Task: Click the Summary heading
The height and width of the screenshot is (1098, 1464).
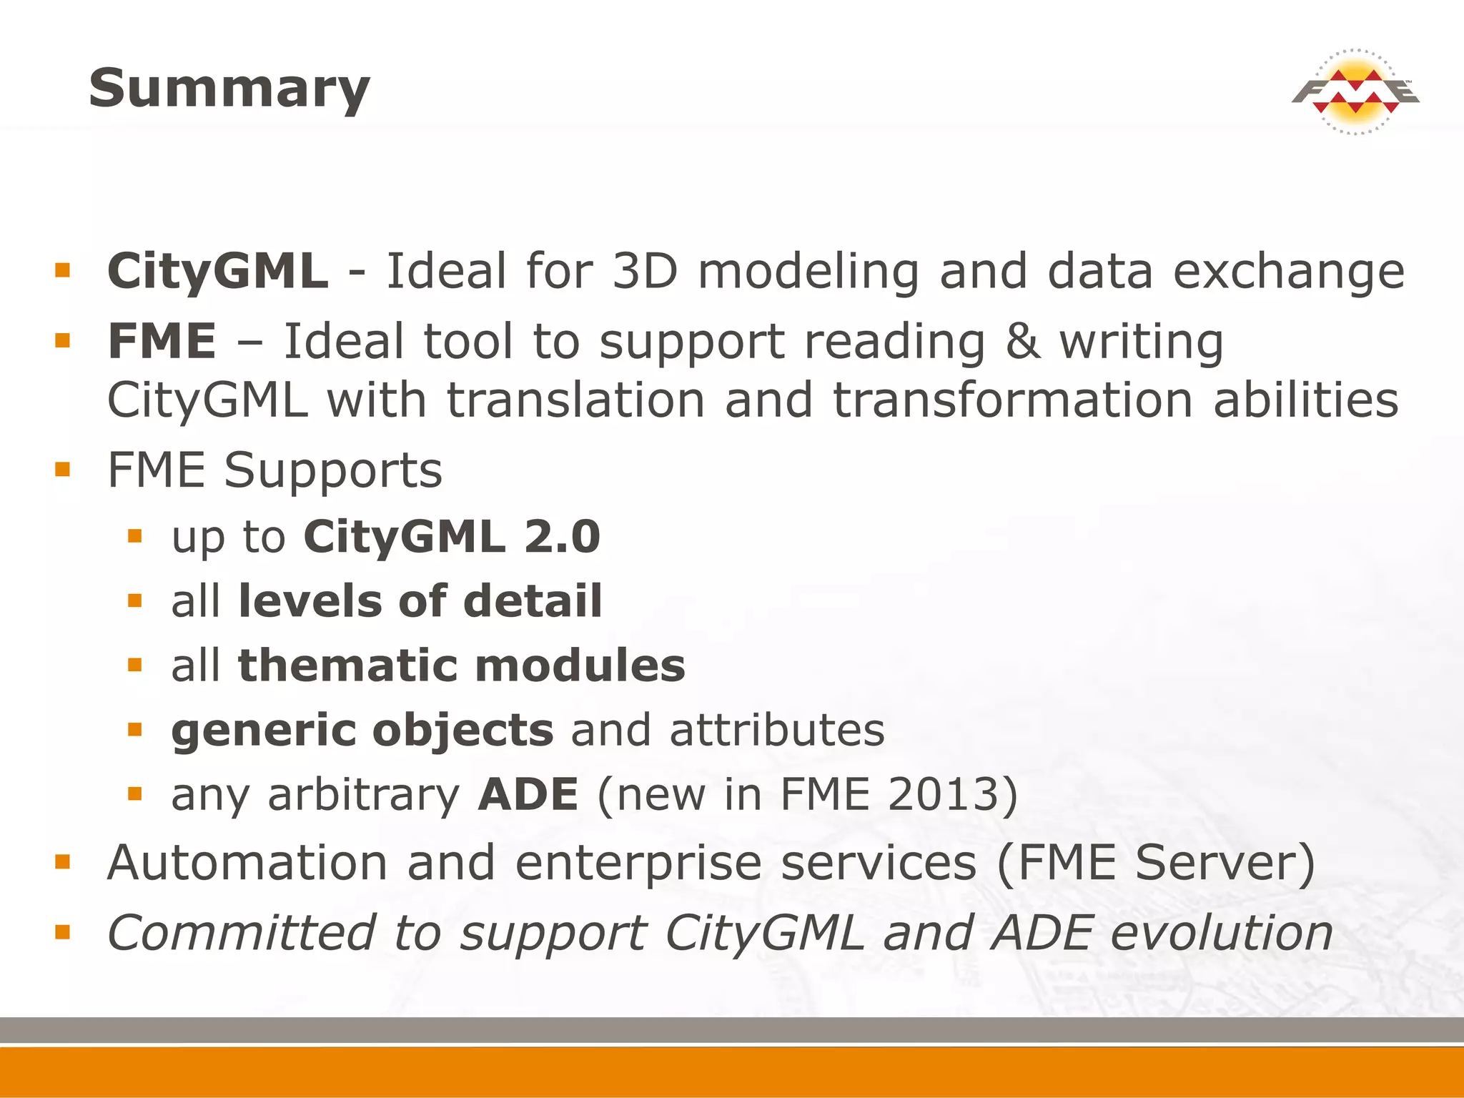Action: click(229, 89)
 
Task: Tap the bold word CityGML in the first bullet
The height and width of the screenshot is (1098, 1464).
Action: click(218, 272)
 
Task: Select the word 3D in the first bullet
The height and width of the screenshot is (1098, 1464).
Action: click(645, 272)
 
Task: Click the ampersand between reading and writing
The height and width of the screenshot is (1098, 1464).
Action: click(1022, 342)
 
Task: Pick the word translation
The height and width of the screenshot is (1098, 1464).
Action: click(576, 400)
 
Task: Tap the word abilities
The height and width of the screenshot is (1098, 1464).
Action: click(1305, 400)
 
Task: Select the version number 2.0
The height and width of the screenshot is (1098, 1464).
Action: click(563, 537)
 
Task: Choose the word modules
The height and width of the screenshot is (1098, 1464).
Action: click(580, 666)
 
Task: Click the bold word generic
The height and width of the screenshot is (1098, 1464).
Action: click(264, 731)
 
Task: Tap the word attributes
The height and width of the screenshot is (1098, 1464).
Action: click(777, 731)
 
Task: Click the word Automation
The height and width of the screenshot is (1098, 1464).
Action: click(247, 863)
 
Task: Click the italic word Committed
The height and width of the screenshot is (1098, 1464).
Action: click(241, 934)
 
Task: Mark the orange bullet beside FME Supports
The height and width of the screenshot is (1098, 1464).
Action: click(63, 470)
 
